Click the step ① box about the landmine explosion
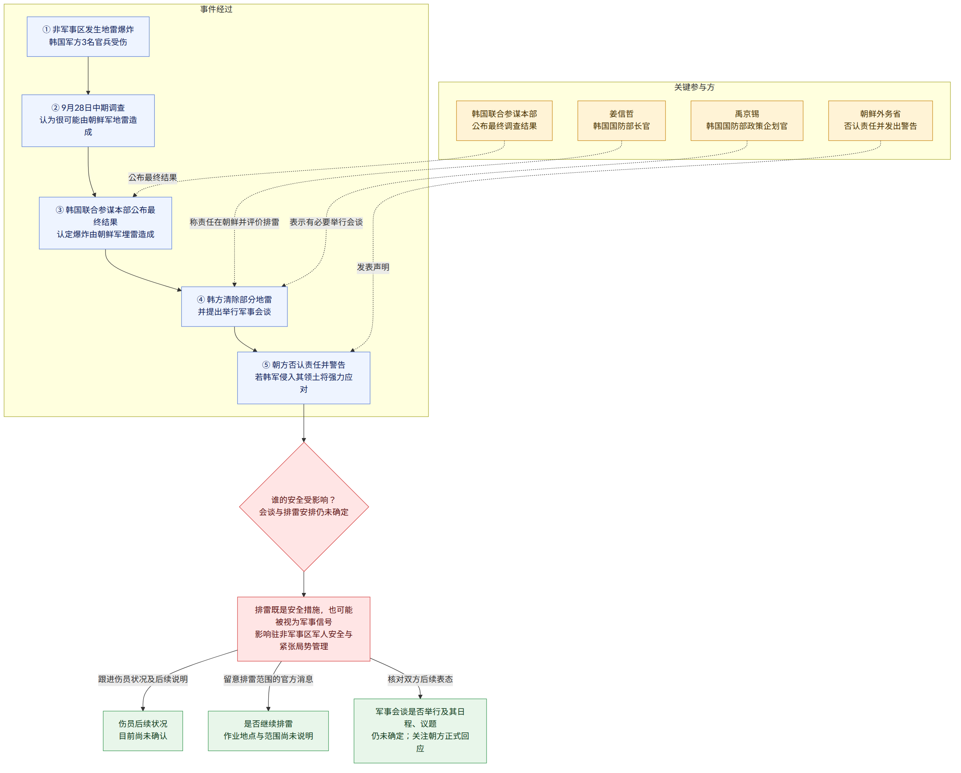tap(88, 37)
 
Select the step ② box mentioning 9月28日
tap(88, 120)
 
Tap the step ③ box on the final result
tap(105, 223)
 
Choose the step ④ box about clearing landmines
tap(234, 307)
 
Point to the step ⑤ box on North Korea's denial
tap(304, 378)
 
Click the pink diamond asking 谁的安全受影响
tap(304, 507)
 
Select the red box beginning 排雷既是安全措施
tap(304, 629)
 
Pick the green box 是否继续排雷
tap(268, 731)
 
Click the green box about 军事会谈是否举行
tap(420, 731)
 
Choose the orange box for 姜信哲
tap(621, 120)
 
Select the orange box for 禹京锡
tap(747, 120)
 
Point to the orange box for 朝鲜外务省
tap(880, 120)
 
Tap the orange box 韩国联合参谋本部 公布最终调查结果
tap(504, 120)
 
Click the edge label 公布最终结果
tap(153, 177)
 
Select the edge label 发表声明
tap(373, 267)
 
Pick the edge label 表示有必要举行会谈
tap(326, 222)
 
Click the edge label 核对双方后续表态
tap(420, 679)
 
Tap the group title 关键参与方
tap(694, 87)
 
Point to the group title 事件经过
tap(216, 9)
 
